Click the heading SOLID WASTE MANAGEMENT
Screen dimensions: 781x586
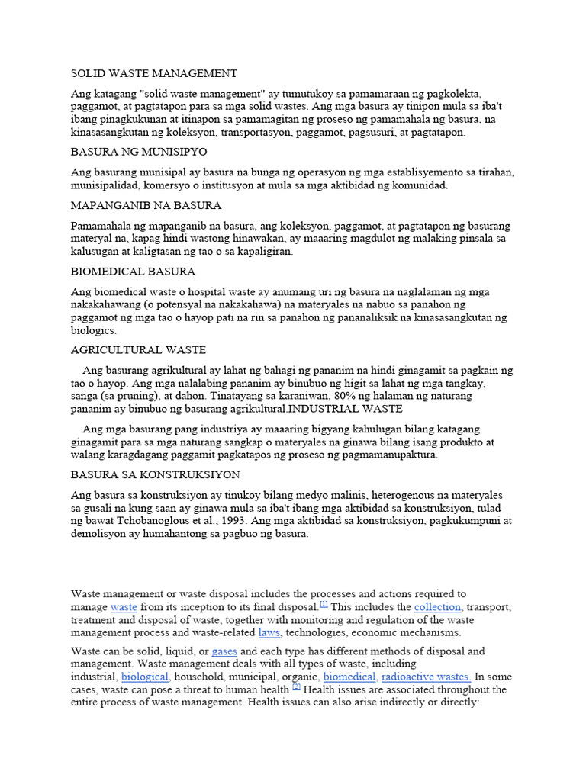154,73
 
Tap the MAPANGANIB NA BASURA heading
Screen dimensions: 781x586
146,205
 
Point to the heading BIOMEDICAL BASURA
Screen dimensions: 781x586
134,271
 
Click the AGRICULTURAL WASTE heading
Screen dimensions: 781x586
139,349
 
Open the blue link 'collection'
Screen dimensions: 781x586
437,607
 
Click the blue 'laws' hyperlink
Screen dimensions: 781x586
269,632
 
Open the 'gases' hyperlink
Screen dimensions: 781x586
224,651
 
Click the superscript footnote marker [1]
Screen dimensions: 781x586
324,604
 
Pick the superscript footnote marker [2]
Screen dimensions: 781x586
296,686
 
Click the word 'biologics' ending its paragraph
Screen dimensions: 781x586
94,330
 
